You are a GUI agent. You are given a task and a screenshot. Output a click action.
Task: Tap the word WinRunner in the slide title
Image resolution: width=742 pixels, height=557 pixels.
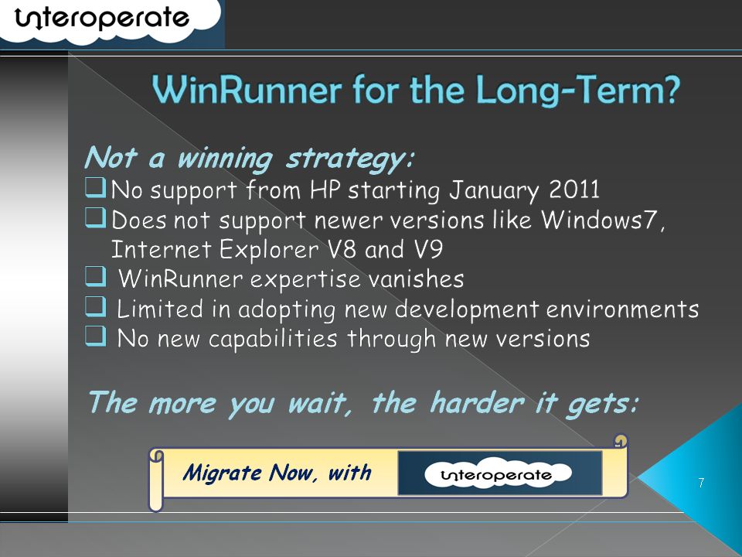247,90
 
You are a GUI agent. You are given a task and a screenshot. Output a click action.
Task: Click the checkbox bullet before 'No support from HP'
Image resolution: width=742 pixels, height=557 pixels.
96,187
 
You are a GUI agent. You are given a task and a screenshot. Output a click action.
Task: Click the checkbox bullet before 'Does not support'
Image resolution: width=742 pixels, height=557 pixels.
96,218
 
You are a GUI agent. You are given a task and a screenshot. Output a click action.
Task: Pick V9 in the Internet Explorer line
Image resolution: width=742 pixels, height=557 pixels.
428,249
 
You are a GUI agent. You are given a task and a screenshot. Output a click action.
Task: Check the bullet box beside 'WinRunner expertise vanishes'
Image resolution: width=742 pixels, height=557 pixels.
96,277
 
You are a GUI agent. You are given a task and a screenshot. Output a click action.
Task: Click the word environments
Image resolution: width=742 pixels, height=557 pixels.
622,309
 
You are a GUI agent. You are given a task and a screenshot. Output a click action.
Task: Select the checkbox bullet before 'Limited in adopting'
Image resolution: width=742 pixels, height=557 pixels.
96,306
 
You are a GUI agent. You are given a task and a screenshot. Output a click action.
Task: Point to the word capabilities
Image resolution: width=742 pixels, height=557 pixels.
273,340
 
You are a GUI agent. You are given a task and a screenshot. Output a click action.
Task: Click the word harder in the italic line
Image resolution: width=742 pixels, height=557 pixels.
477,403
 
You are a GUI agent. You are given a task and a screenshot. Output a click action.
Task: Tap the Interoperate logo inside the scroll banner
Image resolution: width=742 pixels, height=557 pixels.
498,473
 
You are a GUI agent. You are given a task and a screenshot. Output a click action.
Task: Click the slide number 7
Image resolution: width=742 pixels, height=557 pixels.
701,483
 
